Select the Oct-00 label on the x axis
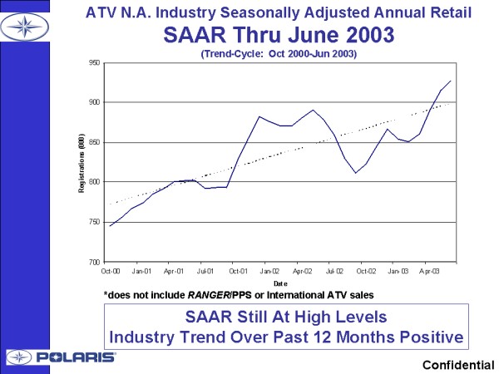coord(110,271)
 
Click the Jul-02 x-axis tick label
coord(334,271)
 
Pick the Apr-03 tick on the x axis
coord(429,271)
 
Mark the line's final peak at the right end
coord(451,81)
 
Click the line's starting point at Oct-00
coord(110,226)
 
